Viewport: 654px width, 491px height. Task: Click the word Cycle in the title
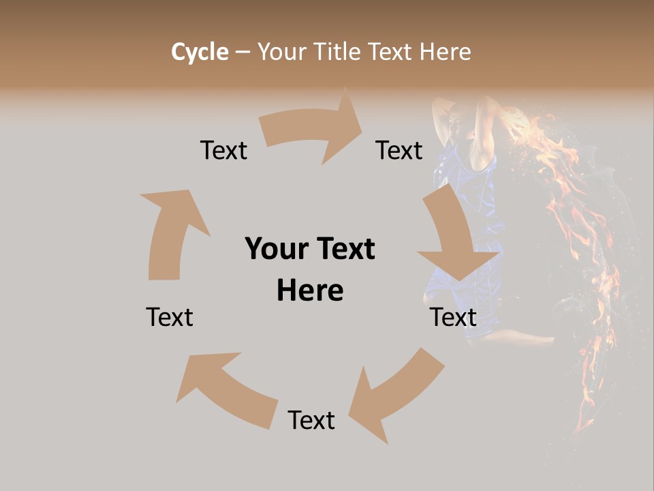point(200,52)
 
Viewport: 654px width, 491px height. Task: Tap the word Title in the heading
point(339,52)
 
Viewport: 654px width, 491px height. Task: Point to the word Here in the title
point(445,52)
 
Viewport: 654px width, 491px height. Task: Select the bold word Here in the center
point(310,291)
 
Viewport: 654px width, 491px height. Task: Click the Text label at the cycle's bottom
point(311,420)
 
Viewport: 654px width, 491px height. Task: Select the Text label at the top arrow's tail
point(223,150)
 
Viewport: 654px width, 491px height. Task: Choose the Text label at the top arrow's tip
point(399,150)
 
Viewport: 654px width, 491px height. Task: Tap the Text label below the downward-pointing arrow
point(453,317)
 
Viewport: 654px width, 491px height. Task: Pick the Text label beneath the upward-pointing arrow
point(170,317)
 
